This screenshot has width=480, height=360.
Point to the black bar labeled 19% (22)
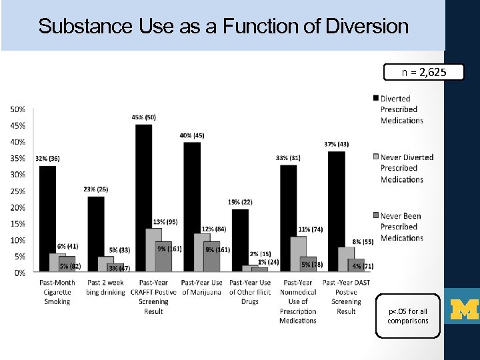click(240, 240)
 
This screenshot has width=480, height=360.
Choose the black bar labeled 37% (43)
click(337, 211)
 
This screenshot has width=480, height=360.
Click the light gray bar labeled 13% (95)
click(153, 249)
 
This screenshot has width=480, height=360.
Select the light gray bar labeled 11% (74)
click(298, 253)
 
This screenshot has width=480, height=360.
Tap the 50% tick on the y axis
click(19, 109)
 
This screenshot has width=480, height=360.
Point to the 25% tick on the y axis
click(19, 191)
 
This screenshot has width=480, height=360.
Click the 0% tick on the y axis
click(20, 273)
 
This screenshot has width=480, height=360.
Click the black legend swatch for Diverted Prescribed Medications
click(375, 99)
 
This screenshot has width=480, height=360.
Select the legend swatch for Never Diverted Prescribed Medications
click(375, 157)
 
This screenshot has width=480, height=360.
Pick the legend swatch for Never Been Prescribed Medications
click(375, 216)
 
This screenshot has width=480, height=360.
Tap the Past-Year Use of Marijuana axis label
click(201, 287)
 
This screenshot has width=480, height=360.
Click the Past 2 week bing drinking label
click(105, 287)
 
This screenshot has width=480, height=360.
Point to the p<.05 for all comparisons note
click(407, 316)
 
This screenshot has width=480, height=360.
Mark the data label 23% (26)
click(96, 189)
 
